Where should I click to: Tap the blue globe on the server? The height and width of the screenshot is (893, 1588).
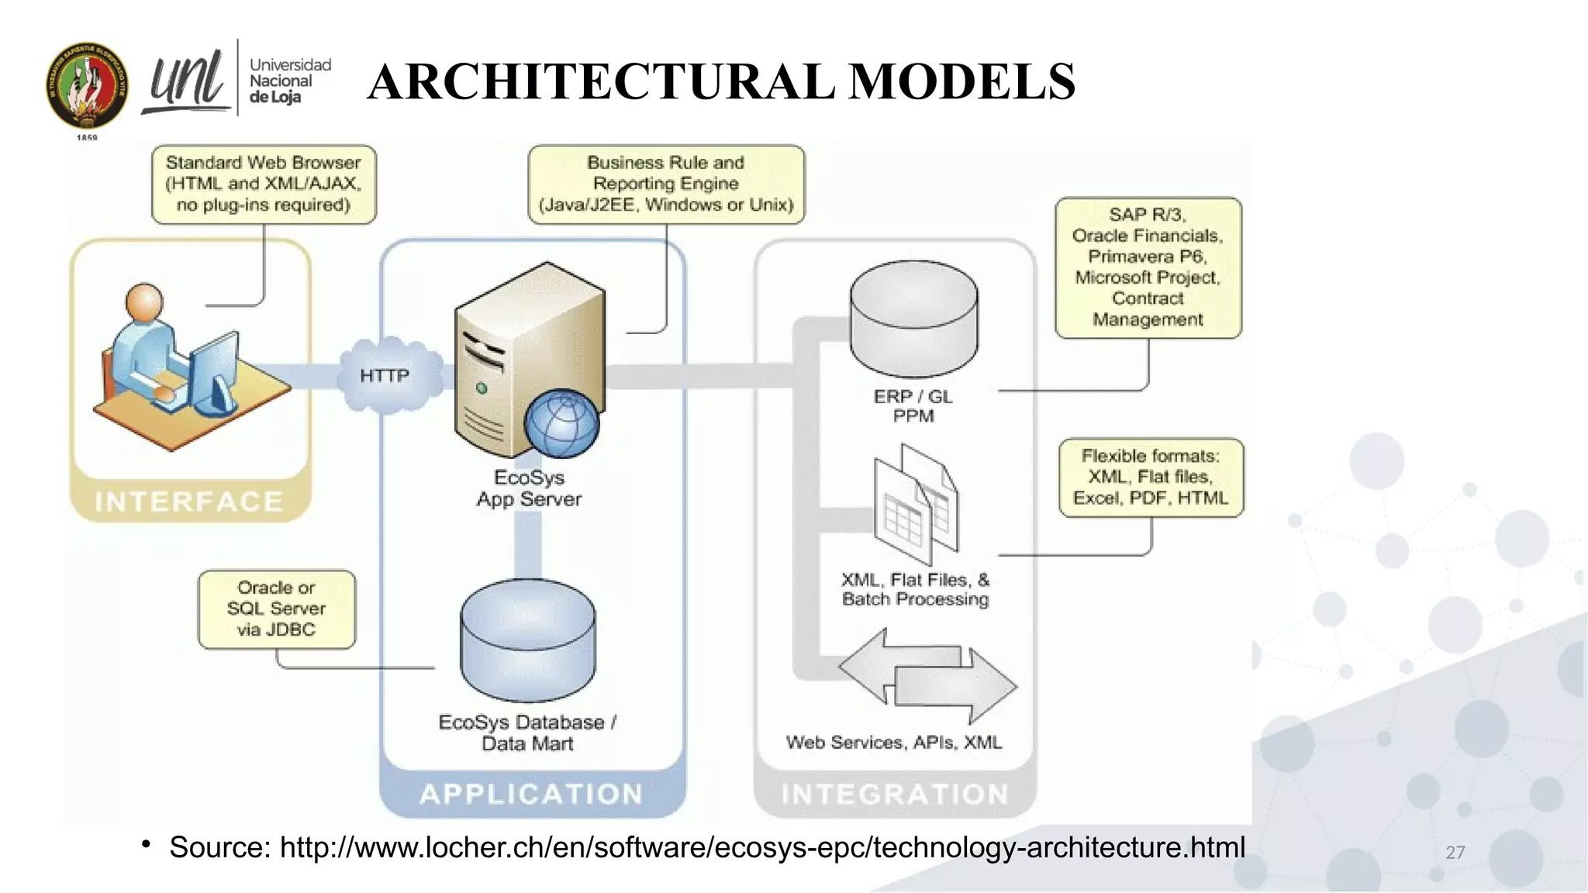click(x=561, y=423)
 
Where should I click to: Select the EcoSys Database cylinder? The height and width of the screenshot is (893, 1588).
click(x=528, y=640)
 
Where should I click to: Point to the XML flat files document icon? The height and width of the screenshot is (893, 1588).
click(x=915, y=504)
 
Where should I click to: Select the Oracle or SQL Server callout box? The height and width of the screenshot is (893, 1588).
click(x=277, y=609)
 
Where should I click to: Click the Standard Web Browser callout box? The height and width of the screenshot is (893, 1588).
click(x=264, y=184)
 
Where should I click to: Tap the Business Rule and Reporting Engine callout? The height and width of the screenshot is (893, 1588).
click(x=666, y=184)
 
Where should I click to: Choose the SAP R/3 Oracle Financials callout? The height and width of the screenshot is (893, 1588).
click(x=1148, y=267)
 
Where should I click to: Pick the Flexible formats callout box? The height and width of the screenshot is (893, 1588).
click(x=1151, y=478)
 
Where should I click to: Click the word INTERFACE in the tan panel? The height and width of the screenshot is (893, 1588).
click(x=189, y=502)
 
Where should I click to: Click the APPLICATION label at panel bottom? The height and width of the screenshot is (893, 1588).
click(x=532, y=794)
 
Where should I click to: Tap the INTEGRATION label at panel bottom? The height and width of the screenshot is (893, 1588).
click(x=895, y=794)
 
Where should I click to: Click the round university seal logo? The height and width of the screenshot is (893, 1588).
click(x=87, y=85)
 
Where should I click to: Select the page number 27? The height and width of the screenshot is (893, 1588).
click(x=1455, y=853)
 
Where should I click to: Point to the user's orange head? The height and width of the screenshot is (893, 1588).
click(x=145, y=302)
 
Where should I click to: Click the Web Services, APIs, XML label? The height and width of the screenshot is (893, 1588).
click(x=893, y=743)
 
